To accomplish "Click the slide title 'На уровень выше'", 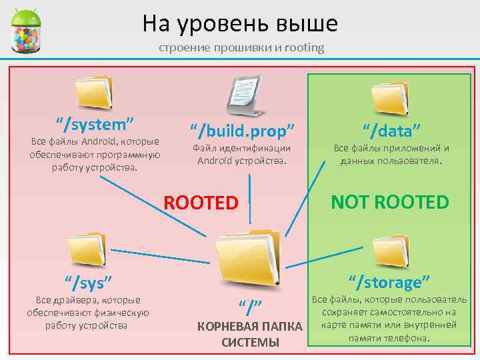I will pos(240,24).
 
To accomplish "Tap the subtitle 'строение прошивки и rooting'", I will pos(241,47).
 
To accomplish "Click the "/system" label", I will pos(95,124).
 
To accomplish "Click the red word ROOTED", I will pos(201,201).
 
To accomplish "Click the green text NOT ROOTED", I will pos(391,201).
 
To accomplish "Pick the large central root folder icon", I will pos(248,259).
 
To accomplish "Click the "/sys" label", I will pos(87,282).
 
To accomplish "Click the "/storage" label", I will pos(391,280).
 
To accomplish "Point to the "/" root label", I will pos(249,307).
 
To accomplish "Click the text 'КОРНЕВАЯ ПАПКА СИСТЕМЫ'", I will pos(249,335).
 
